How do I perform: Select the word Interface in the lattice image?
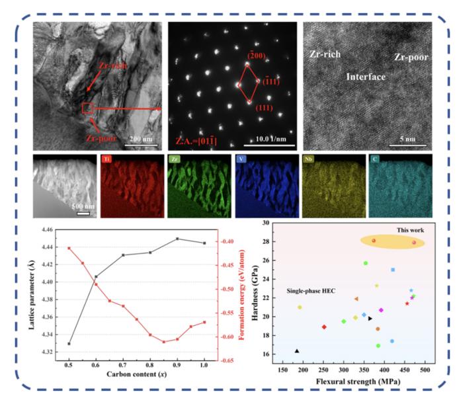(x=366, y=77)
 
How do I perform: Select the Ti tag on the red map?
(x=107, y=159)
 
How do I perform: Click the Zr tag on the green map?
(x=174, y=159)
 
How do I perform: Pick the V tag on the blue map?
(x=239, y=159)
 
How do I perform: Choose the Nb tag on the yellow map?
(x=308, y=159)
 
